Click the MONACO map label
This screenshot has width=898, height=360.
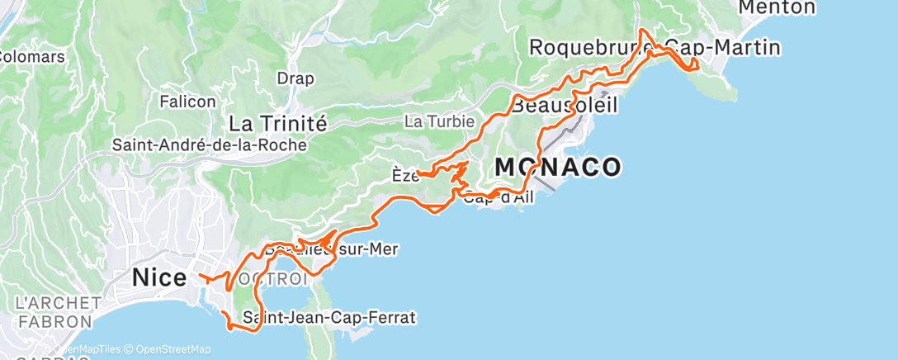click(x=557, y=168)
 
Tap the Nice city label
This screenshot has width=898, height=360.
click(x=159, y=278)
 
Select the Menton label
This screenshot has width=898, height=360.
click(x=777, y=7)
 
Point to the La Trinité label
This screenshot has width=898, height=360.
click(x=278, y=123)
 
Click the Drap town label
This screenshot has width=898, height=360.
click(x=295, y=79)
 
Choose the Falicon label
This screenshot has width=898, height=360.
click(x=188, y=102)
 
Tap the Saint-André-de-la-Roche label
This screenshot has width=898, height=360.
click(x=210, y=144)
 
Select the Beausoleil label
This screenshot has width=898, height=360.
click(x=565, y=107)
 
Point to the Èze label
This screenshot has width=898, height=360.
click(x=402, y=175)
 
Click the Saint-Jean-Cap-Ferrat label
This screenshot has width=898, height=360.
click(x=328, y=317)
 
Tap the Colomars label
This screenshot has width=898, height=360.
click(x=31, y=57)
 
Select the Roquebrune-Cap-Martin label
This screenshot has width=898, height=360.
click(x=654, y=48)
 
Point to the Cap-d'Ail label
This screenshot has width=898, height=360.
click(x=499, y=197)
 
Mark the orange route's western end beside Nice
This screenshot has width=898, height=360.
click(x=199, y=275)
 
